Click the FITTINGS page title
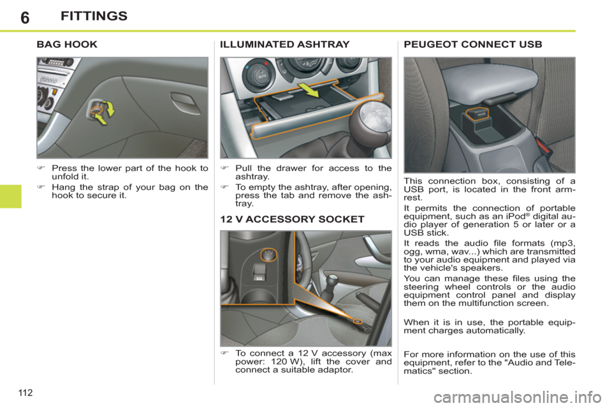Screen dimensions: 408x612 94,16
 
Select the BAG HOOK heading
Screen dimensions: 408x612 68,45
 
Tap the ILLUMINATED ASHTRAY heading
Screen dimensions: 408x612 284,45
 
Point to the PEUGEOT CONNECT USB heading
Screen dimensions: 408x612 473,45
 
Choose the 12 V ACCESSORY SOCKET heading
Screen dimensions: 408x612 292,219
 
